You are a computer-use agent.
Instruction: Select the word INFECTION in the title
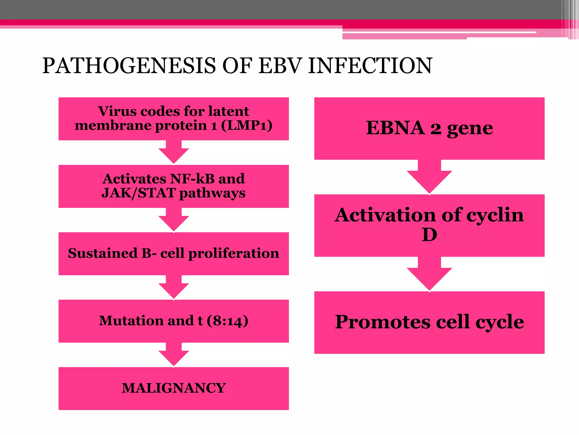(x=370, y=66)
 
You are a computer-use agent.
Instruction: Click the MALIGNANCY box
(x=174, y=388)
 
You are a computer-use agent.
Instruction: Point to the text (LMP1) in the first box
(x=247, y=125)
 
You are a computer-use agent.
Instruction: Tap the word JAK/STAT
(x=139, y=193)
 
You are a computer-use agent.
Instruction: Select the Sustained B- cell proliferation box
(x=174, y=253)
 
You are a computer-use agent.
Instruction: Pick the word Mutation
(x=131, y=321)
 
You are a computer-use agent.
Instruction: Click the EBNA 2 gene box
(x=429, y=128)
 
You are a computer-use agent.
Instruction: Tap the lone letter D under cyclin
(x=429, y=234)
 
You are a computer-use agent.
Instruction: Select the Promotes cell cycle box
(x=429, y=322)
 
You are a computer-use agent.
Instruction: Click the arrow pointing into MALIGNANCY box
(x=174, y=355)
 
